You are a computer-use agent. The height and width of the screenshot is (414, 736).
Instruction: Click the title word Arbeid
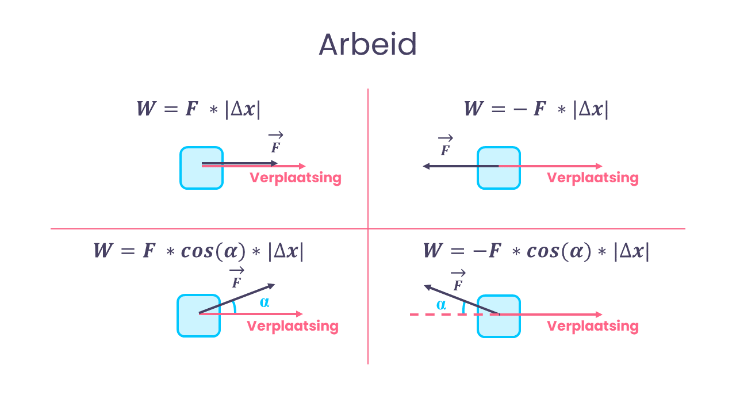pos(367,44)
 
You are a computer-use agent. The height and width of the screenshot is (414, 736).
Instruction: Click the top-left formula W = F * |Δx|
pos(198,109)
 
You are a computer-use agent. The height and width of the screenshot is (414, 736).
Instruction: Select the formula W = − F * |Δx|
pos(536,109)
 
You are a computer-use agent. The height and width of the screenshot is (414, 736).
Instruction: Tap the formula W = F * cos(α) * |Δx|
pos(198,251)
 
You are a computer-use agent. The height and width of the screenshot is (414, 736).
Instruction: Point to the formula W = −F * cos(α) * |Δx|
pos(536,251)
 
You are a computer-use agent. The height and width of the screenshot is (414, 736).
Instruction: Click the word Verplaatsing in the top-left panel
pos(296,178)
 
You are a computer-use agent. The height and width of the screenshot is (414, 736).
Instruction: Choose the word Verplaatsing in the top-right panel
pos(593,178)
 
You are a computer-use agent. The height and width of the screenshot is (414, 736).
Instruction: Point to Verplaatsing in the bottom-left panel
pos(293,326)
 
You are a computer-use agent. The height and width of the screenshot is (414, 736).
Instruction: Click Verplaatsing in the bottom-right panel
pos(593,326)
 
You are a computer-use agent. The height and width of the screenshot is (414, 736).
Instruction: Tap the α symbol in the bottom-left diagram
pos(264,302)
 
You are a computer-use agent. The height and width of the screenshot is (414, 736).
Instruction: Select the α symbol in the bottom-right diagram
pos(441,305)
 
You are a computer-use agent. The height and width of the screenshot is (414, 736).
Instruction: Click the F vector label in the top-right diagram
pos(446,145)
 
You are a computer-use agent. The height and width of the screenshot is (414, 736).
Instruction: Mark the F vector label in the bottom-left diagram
pos(237,278)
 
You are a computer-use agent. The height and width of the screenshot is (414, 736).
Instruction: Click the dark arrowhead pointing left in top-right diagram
pos(426,166)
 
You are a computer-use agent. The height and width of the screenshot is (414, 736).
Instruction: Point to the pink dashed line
pos(454,315)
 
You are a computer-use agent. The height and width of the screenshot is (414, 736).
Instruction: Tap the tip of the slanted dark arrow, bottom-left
pos(275,284)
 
